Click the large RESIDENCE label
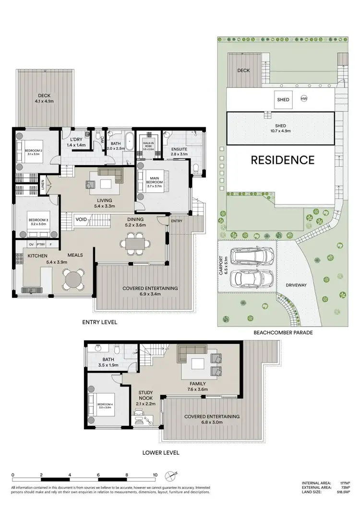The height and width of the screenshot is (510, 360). pyautogui.click(x=283, y=160)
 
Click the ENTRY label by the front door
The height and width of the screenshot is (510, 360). pyautogui.click(x=177, y=221)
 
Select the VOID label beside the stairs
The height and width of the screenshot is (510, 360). pyautogui.click(x=81, y=219)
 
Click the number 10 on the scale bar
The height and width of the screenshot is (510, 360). pyautogui.click(x=155, y=474)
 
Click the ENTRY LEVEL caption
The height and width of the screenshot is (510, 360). pyautogui.click(x=100, y=322)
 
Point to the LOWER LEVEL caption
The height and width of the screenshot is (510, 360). pyautogui.click(x=161, y=452)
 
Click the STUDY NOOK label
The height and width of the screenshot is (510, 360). pyautogui.click(x=146, y=395)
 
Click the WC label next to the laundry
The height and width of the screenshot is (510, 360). pyautogui.click(x=102, y=140)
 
